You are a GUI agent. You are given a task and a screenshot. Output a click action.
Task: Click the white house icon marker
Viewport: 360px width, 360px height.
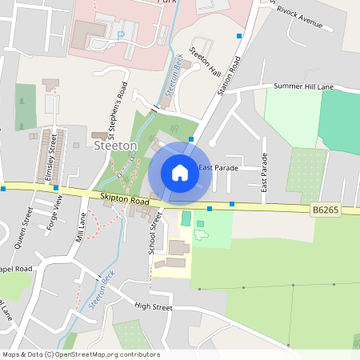180,172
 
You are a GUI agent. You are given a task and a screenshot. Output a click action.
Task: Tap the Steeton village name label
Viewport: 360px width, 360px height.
116,146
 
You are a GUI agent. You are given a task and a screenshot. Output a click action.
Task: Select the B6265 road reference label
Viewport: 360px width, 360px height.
325,210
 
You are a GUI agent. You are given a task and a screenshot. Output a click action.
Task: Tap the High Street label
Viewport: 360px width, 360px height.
154,306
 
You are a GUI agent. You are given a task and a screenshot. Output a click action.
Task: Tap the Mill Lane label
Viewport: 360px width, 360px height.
80,227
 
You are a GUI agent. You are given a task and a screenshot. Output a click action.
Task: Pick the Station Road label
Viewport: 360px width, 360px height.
230,75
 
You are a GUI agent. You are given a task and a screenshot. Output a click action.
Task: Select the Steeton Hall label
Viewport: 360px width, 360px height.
205,62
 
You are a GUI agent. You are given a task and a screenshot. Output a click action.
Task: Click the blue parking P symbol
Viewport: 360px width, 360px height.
121,35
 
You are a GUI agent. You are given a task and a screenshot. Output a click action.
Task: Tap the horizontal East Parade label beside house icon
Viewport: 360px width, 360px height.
218,168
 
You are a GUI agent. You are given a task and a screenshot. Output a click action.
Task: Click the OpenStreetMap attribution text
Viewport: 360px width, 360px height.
80,354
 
